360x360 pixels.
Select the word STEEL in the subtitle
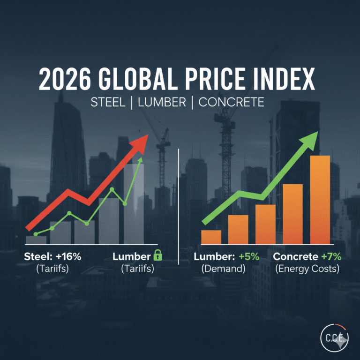(x=107, y=102)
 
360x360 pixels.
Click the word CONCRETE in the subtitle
(x=232, y=102)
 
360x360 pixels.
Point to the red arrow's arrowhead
(x=141, y=142)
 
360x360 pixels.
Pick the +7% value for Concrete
(x=331, y=257)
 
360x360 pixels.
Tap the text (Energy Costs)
(x=307, y=269)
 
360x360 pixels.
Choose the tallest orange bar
(x=320, y=199)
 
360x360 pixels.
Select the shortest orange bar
(x=211, y=237)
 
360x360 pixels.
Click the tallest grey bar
(x=134, y=202)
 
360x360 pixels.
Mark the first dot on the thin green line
(x=36, y=234)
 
